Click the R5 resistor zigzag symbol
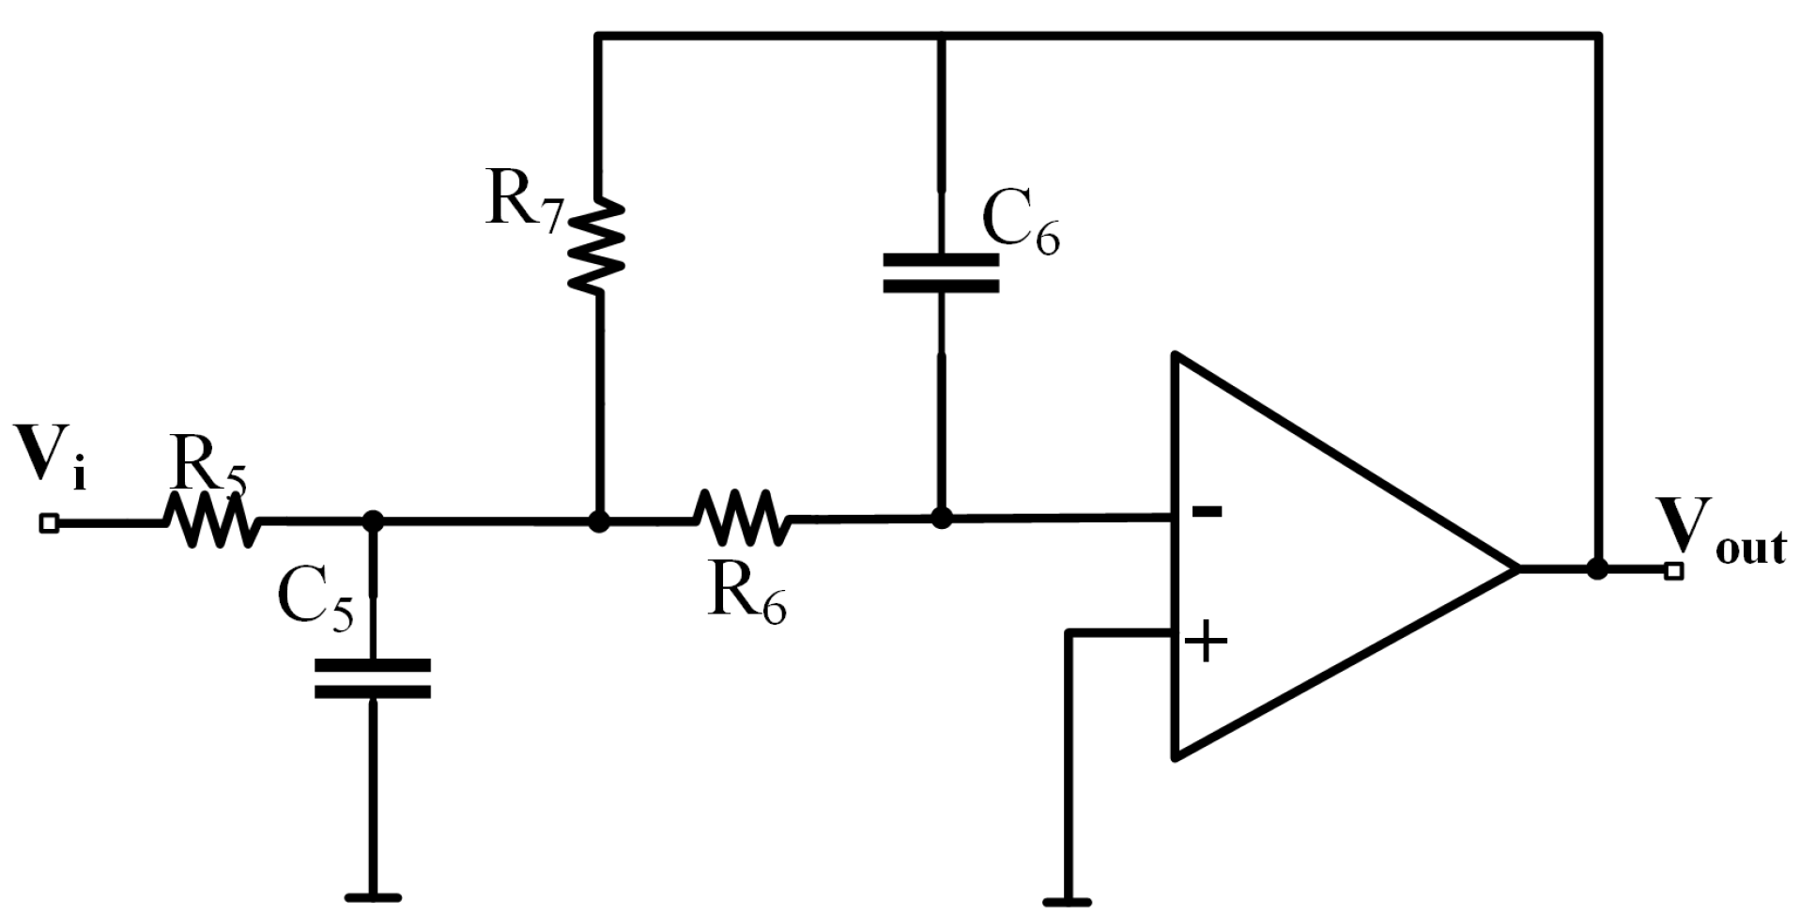(211, 520)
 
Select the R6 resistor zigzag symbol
(742, 518)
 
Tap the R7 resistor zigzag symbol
(598, 246)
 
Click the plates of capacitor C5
(373, 678)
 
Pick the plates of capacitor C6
(941, 272)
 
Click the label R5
(208, 463)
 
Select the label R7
(523, 201)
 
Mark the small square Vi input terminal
(49, 523)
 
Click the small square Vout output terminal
(1672, 570)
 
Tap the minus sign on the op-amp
(1207, 512)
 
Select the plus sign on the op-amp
(1207, 643)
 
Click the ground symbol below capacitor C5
(373, 897)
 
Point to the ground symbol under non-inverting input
(1067, 900)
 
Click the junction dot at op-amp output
(1597, 568)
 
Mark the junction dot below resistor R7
(599, 521)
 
